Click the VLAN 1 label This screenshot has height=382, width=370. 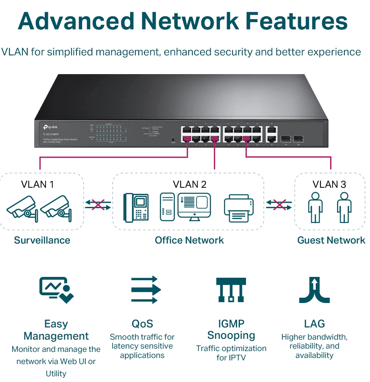click(x=37, y=184)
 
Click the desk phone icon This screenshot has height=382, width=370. click(x=136, y=207)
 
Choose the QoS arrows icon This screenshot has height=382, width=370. click(x=146, y=290)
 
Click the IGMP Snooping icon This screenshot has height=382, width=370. click(x=231, y=290)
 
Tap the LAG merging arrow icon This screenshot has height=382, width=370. click(x=314, y=290)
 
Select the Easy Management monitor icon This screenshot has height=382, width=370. click(x=57, y=290)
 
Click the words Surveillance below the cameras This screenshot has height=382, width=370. click(x=42, y=240)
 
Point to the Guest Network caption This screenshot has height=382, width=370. click(x=331, y=240)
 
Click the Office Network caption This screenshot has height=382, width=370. click(x=189, y=240)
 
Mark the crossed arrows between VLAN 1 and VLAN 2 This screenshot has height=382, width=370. click(x=98, y=204)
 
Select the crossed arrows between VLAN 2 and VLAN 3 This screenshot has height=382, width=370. click(x=279, y=204)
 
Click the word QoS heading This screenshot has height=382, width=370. click(x=142, y=324)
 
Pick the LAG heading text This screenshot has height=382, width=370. click(x=314, y=324)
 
